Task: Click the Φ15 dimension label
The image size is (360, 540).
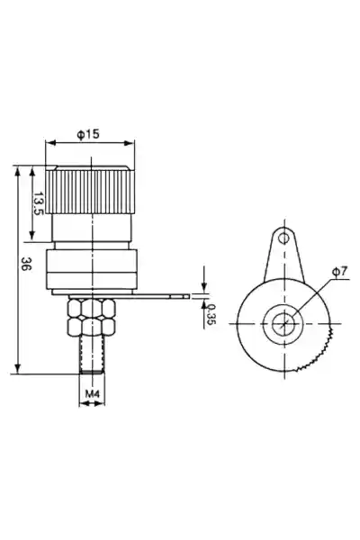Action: click(88, 134)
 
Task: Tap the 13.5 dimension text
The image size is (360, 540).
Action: click(38, 203)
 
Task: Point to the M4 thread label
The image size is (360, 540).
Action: click(92, 393)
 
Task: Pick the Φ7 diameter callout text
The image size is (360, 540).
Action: click(339, 272)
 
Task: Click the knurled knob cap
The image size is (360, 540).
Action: click(91, 190)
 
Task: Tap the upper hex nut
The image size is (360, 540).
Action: click(92, 309)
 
